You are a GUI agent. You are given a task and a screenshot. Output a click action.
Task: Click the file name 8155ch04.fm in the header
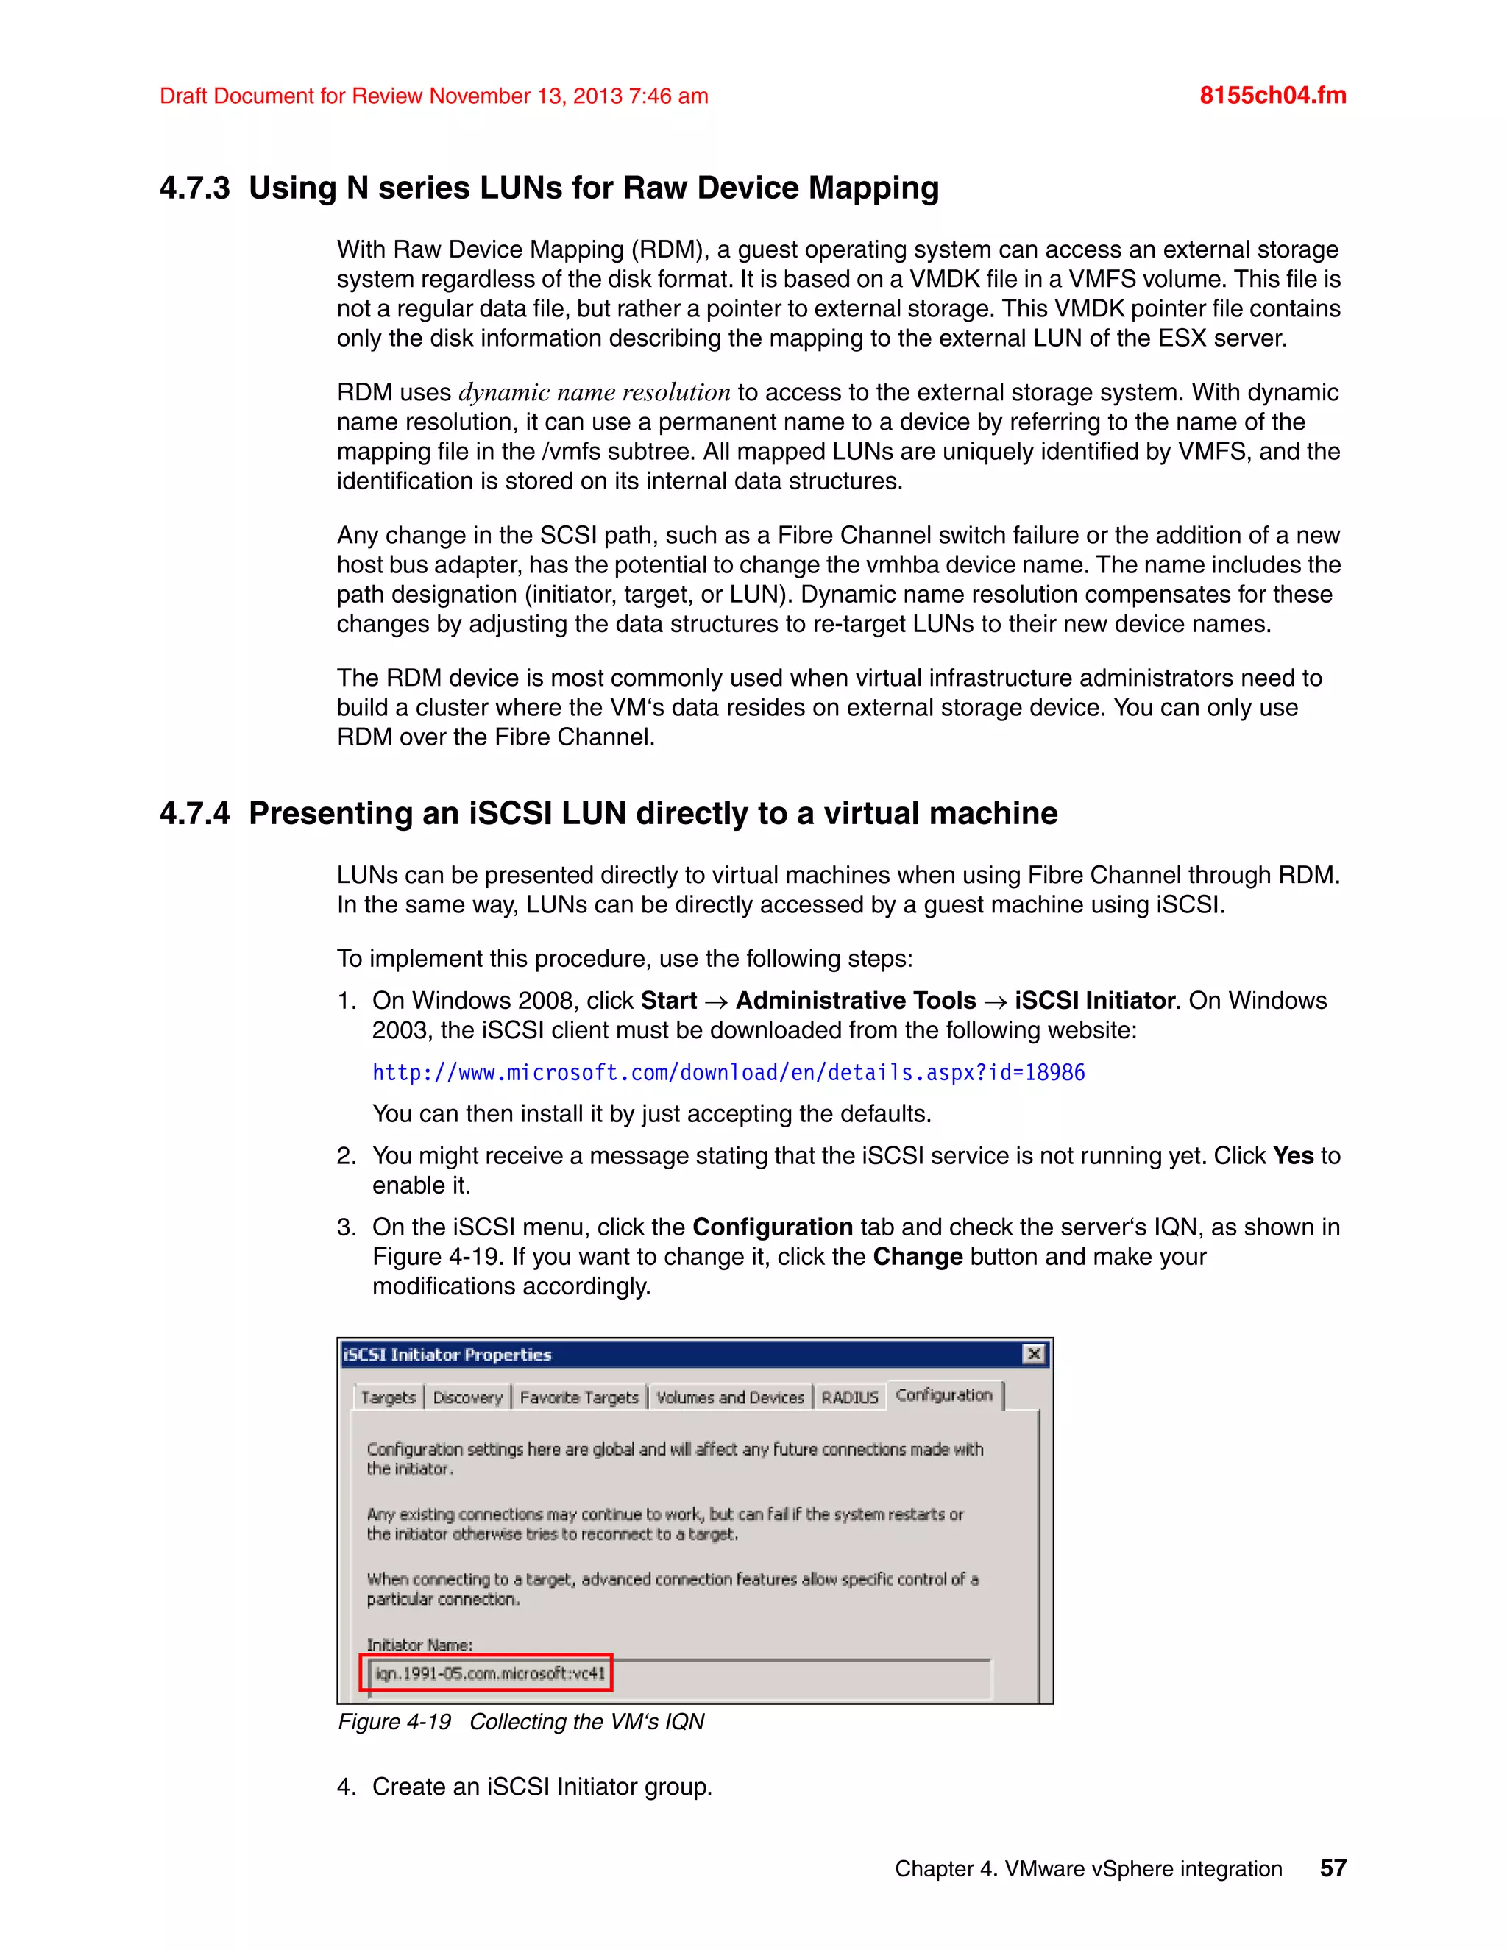(1272, 96)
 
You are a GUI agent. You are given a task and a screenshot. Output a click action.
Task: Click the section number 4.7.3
(194, 188)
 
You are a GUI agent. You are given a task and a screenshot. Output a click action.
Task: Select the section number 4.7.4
(194, 813)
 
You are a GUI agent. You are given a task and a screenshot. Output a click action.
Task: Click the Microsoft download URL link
(728, 1072)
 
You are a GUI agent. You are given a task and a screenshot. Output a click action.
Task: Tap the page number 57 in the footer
(1332, 1868)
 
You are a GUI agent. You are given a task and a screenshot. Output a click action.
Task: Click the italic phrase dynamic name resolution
(594, 393)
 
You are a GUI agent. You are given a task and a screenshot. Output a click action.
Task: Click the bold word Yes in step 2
(1293, 1155)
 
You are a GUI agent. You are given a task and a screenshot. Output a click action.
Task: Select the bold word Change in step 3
(917, 1256)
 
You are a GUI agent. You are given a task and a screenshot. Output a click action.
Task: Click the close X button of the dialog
(1033, 1353)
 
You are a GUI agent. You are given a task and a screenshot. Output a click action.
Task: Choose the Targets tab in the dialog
(389, 1397)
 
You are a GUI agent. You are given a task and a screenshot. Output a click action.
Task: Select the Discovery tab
(468, 1397)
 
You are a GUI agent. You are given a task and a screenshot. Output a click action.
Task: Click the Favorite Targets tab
(578, 1397)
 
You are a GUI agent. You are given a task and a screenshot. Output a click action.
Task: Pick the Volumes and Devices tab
(729, 1397)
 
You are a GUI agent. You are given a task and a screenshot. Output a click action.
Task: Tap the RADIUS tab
(849, 1397)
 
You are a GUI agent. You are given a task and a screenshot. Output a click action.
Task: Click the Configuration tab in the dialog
(943, 1394)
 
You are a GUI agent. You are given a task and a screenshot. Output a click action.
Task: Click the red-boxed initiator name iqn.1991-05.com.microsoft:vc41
(489, 1673)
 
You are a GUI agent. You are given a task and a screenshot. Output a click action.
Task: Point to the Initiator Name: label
(419, 1645)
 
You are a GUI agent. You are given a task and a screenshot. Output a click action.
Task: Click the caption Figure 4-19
(394, 1721)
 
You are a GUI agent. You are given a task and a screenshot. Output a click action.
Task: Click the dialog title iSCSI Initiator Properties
(447, 1355)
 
